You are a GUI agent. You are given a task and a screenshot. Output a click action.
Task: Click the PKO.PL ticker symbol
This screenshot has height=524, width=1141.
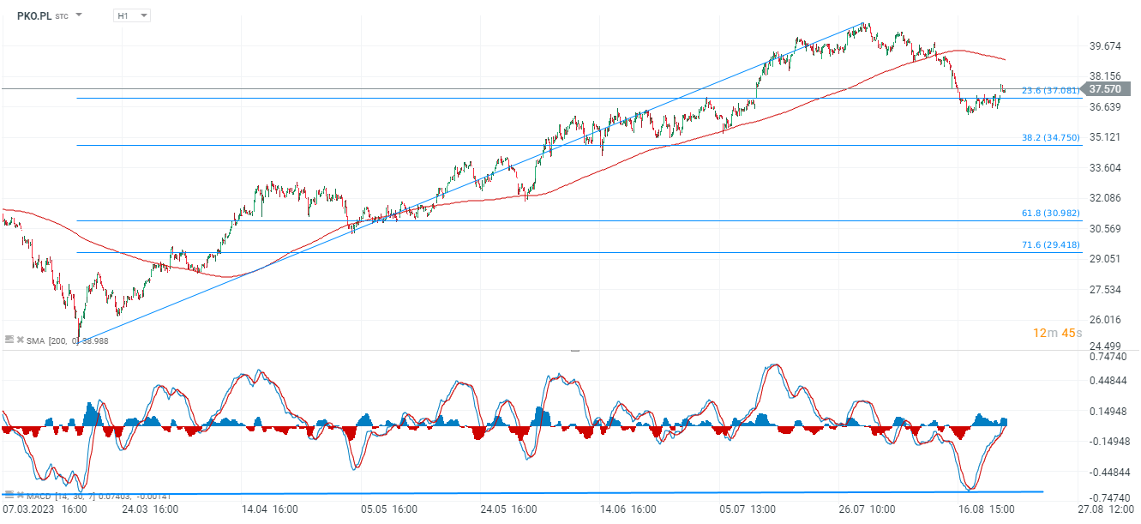tap(33, 15)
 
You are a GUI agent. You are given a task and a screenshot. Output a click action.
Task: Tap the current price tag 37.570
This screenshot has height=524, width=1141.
tap(1105, 88)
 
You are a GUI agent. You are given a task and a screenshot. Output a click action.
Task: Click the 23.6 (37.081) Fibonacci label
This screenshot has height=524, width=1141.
tap(1050, 90)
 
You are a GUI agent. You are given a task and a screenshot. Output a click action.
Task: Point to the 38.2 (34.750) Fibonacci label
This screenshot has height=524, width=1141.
tap(1050, 137)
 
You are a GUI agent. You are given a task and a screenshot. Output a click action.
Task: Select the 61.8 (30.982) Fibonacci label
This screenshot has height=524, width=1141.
tap(1050, 213)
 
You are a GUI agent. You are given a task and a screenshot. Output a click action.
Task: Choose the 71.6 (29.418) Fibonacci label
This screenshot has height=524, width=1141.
tap(1050, 244)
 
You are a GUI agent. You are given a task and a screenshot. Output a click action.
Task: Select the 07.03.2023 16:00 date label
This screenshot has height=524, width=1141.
tap(45, 509)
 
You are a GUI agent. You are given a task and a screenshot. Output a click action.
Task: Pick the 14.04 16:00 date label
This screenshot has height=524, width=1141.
tap(271, 509)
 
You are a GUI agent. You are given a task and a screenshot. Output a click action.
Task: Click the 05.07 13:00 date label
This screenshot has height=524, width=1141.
tap(748, 509)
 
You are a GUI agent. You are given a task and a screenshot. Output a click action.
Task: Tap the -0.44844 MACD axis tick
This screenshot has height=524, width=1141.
tap(1106, 472)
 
